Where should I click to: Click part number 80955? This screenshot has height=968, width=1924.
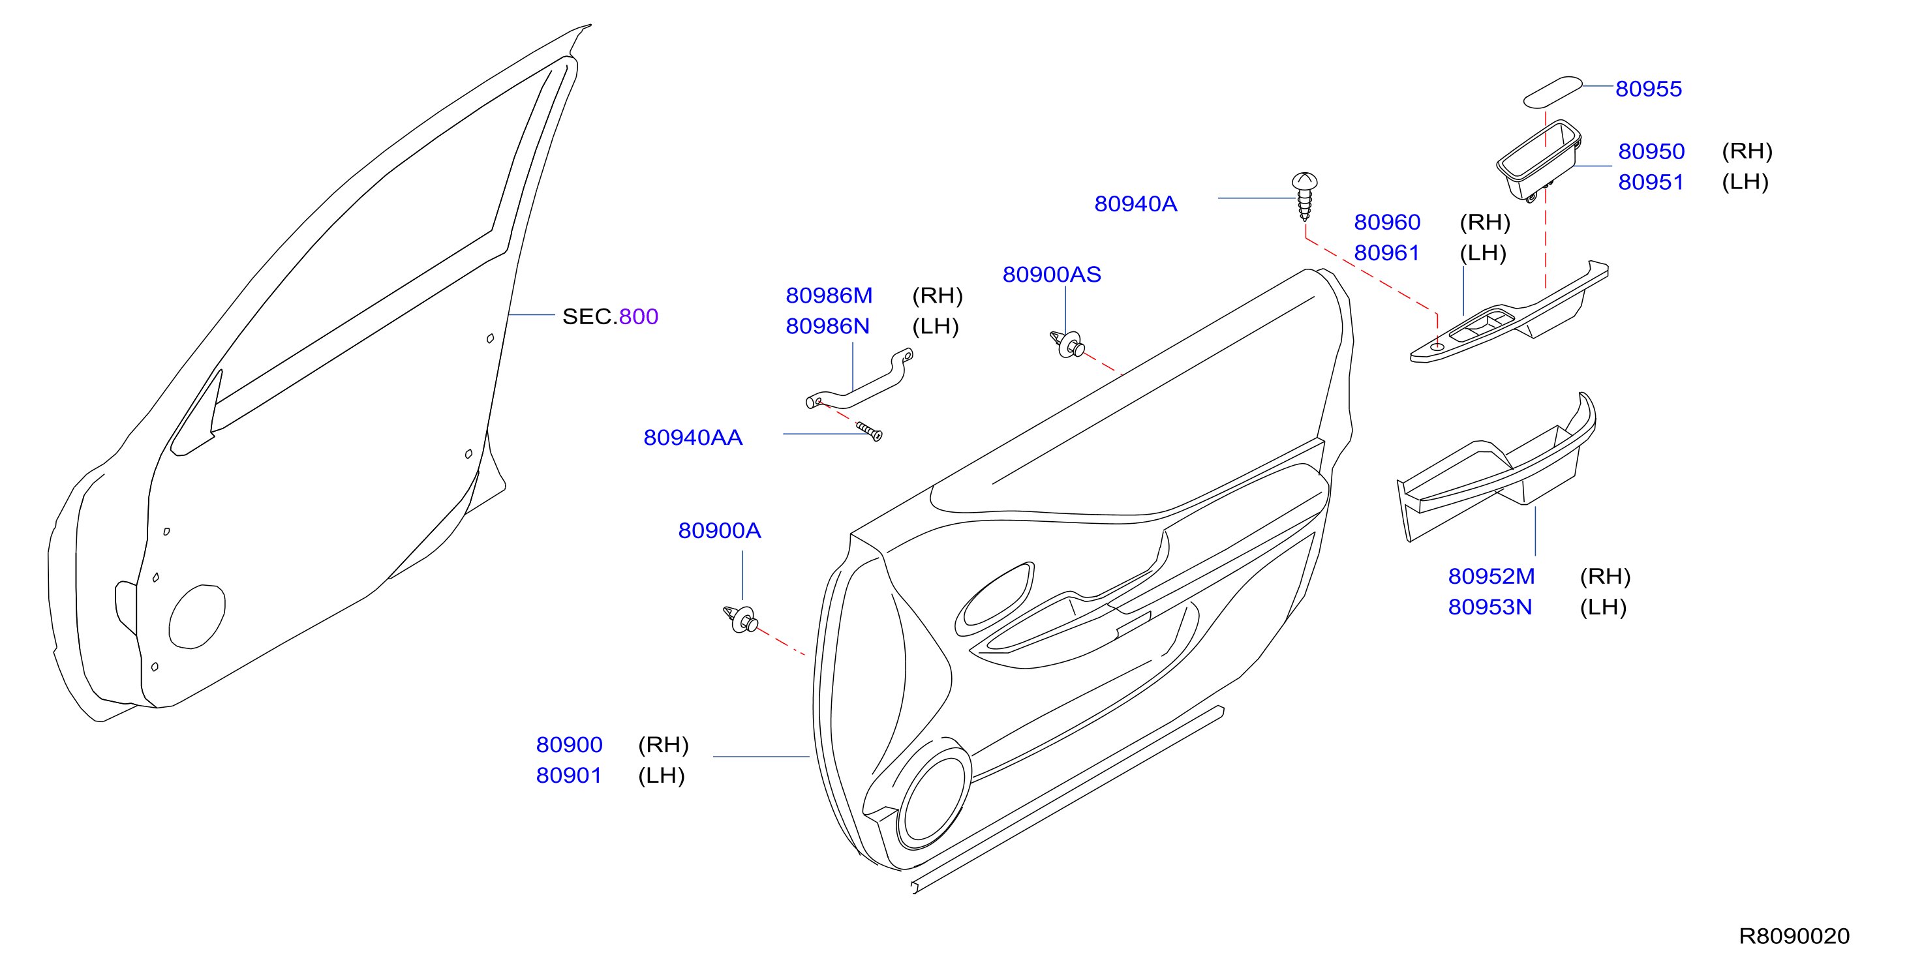click(1649, 89)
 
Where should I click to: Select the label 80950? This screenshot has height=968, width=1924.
click(1651, 151)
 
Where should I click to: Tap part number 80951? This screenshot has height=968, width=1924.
click(1651, 182)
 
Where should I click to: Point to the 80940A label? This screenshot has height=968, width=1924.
click(1135, 204)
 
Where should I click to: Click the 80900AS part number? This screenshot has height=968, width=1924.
click(1052, 275)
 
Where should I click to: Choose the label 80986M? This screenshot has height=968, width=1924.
click(829, 295)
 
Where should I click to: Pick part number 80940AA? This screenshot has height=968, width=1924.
click(693, 438)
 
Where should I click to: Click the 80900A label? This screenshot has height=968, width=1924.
click(719, 530)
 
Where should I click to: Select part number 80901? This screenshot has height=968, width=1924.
click(568, 776)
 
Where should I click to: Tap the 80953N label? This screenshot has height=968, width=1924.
click(1490, 607)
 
